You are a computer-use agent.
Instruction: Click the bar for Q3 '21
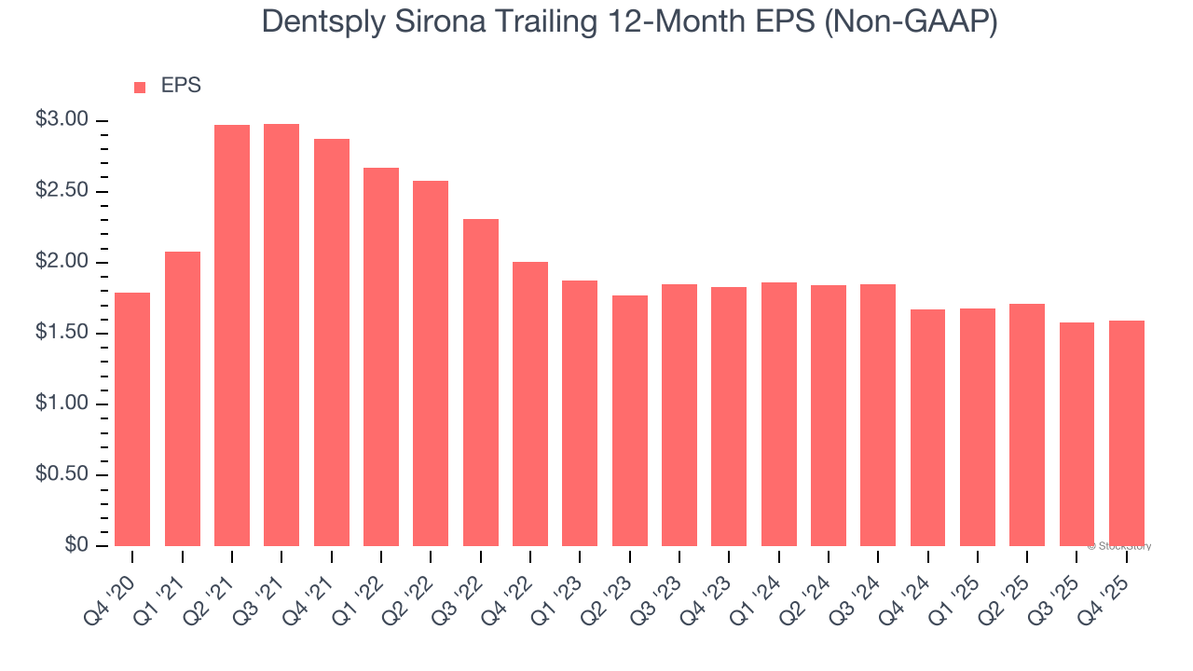click(x=281, y=335)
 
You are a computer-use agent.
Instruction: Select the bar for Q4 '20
click(x=132, y=419)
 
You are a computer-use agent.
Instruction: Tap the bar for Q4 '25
click(x=1127, y=433)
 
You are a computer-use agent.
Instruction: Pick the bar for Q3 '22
click(x=480, y=382)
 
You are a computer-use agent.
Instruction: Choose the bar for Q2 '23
click(x=630, y=420)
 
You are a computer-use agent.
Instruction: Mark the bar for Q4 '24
click(x=927, y=428)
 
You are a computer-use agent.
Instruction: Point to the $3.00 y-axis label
click(x=62, y=120)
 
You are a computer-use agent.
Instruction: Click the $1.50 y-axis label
click(x=62, y=333)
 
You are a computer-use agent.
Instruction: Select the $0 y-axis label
click(x=75, y=545)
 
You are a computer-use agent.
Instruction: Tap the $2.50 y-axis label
click(x=62, y=191)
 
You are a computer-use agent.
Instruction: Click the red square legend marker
click(x=140, y=88)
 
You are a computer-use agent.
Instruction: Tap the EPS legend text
click(x=181, y=86)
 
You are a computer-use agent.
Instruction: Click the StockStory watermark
click(x=1119, y=546)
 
